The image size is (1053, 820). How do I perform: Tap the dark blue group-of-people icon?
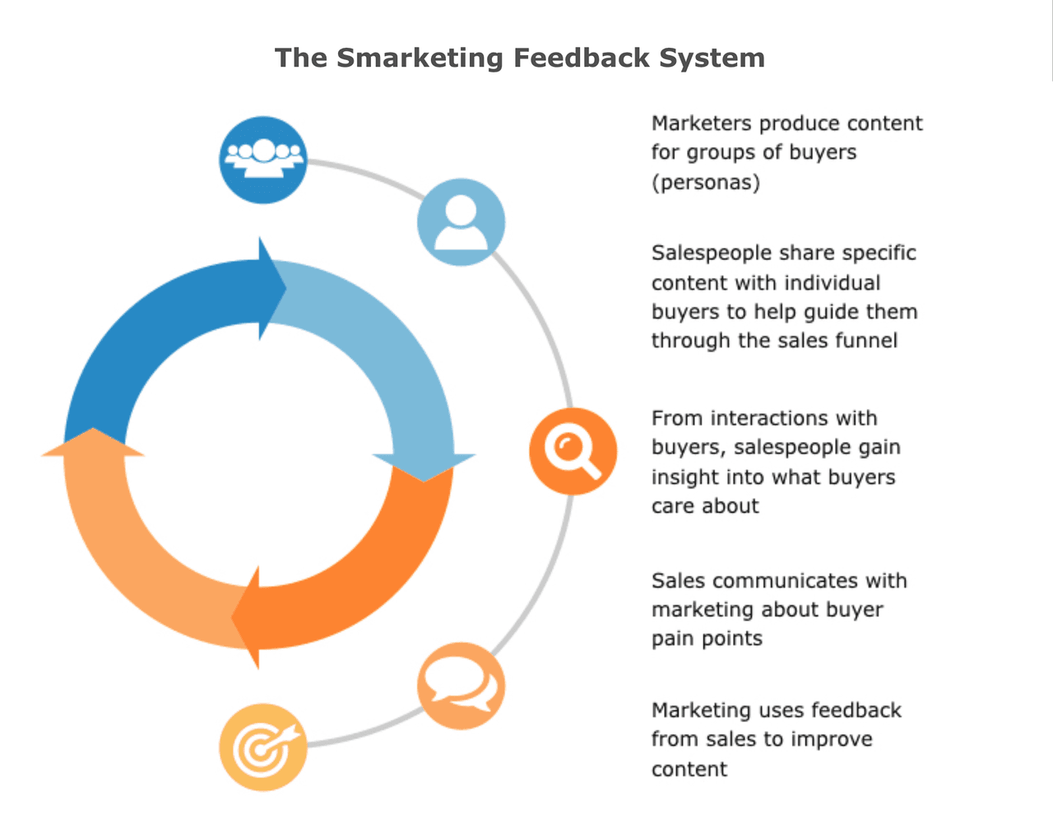(263, 160)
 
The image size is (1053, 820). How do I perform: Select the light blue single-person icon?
(461, 222)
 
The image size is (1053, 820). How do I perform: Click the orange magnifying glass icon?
(573, 451)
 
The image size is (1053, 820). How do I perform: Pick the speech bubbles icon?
(461, 686)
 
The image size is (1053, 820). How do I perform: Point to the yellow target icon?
(263, 747)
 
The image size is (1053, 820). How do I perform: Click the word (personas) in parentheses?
(705, 182)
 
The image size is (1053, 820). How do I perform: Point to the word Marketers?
(701, 123)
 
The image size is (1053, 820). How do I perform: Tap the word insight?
(680, 478)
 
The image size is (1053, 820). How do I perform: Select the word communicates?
(773, 580)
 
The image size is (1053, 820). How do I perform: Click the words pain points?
(707, 639)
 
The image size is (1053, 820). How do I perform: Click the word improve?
(831, 739)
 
